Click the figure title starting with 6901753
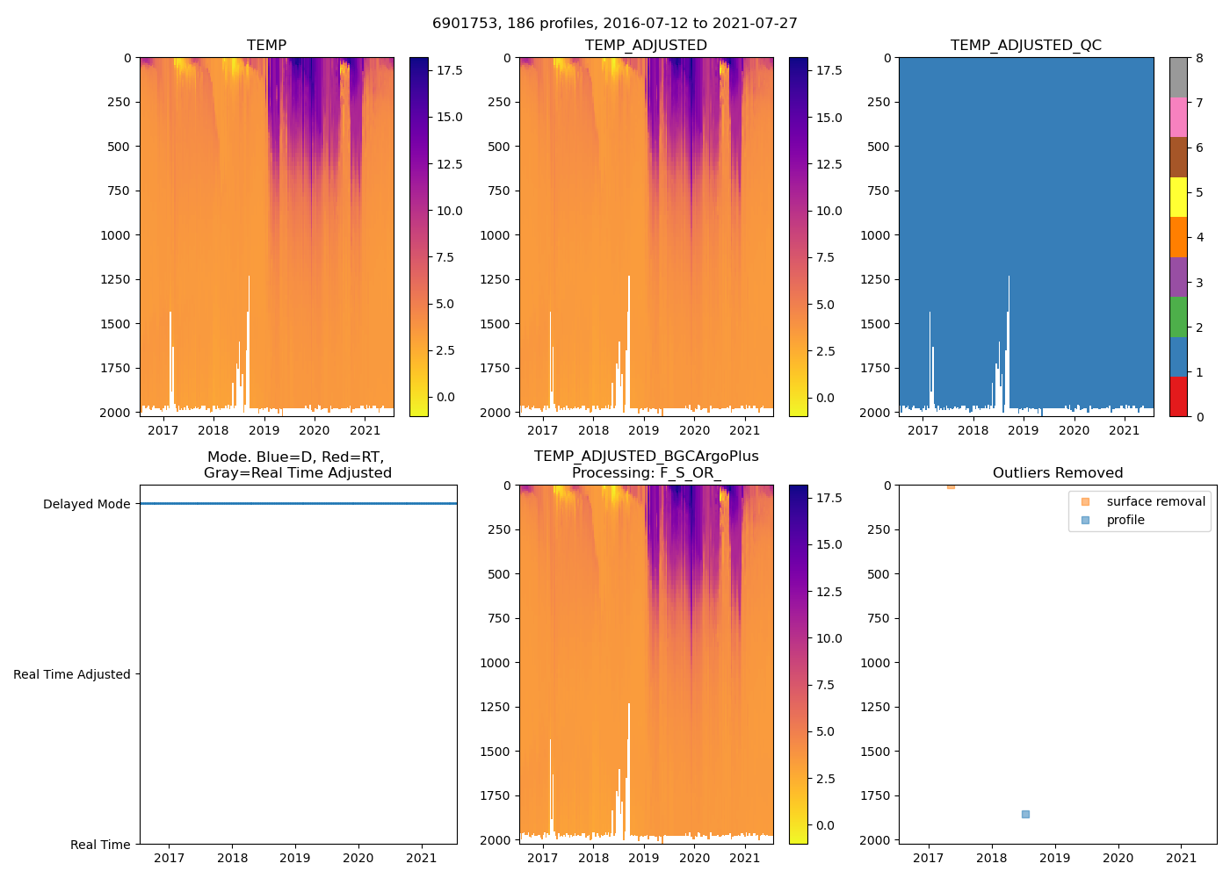[615, 24]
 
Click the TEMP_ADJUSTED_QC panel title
[1025, 46]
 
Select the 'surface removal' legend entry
[1155, 501]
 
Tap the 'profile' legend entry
[1125, 520]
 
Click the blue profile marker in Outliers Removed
[1025, 814]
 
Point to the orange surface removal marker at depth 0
[951, 486]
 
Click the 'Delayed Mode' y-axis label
[86, 504]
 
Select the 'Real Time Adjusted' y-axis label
[72, 674]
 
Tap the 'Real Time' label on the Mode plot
[100, 845]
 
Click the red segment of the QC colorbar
[1178, 396]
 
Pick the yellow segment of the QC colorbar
[1178, 197]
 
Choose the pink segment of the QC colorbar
[1178, 117]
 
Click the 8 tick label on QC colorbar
[1200, 58]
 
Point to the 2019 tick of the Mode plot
[295, 858]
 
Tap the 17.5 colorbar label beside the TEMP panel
[450, 70]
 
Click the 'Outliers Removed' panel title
[1058, 473]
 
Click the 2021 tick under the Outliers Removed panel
[1182, 858]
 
